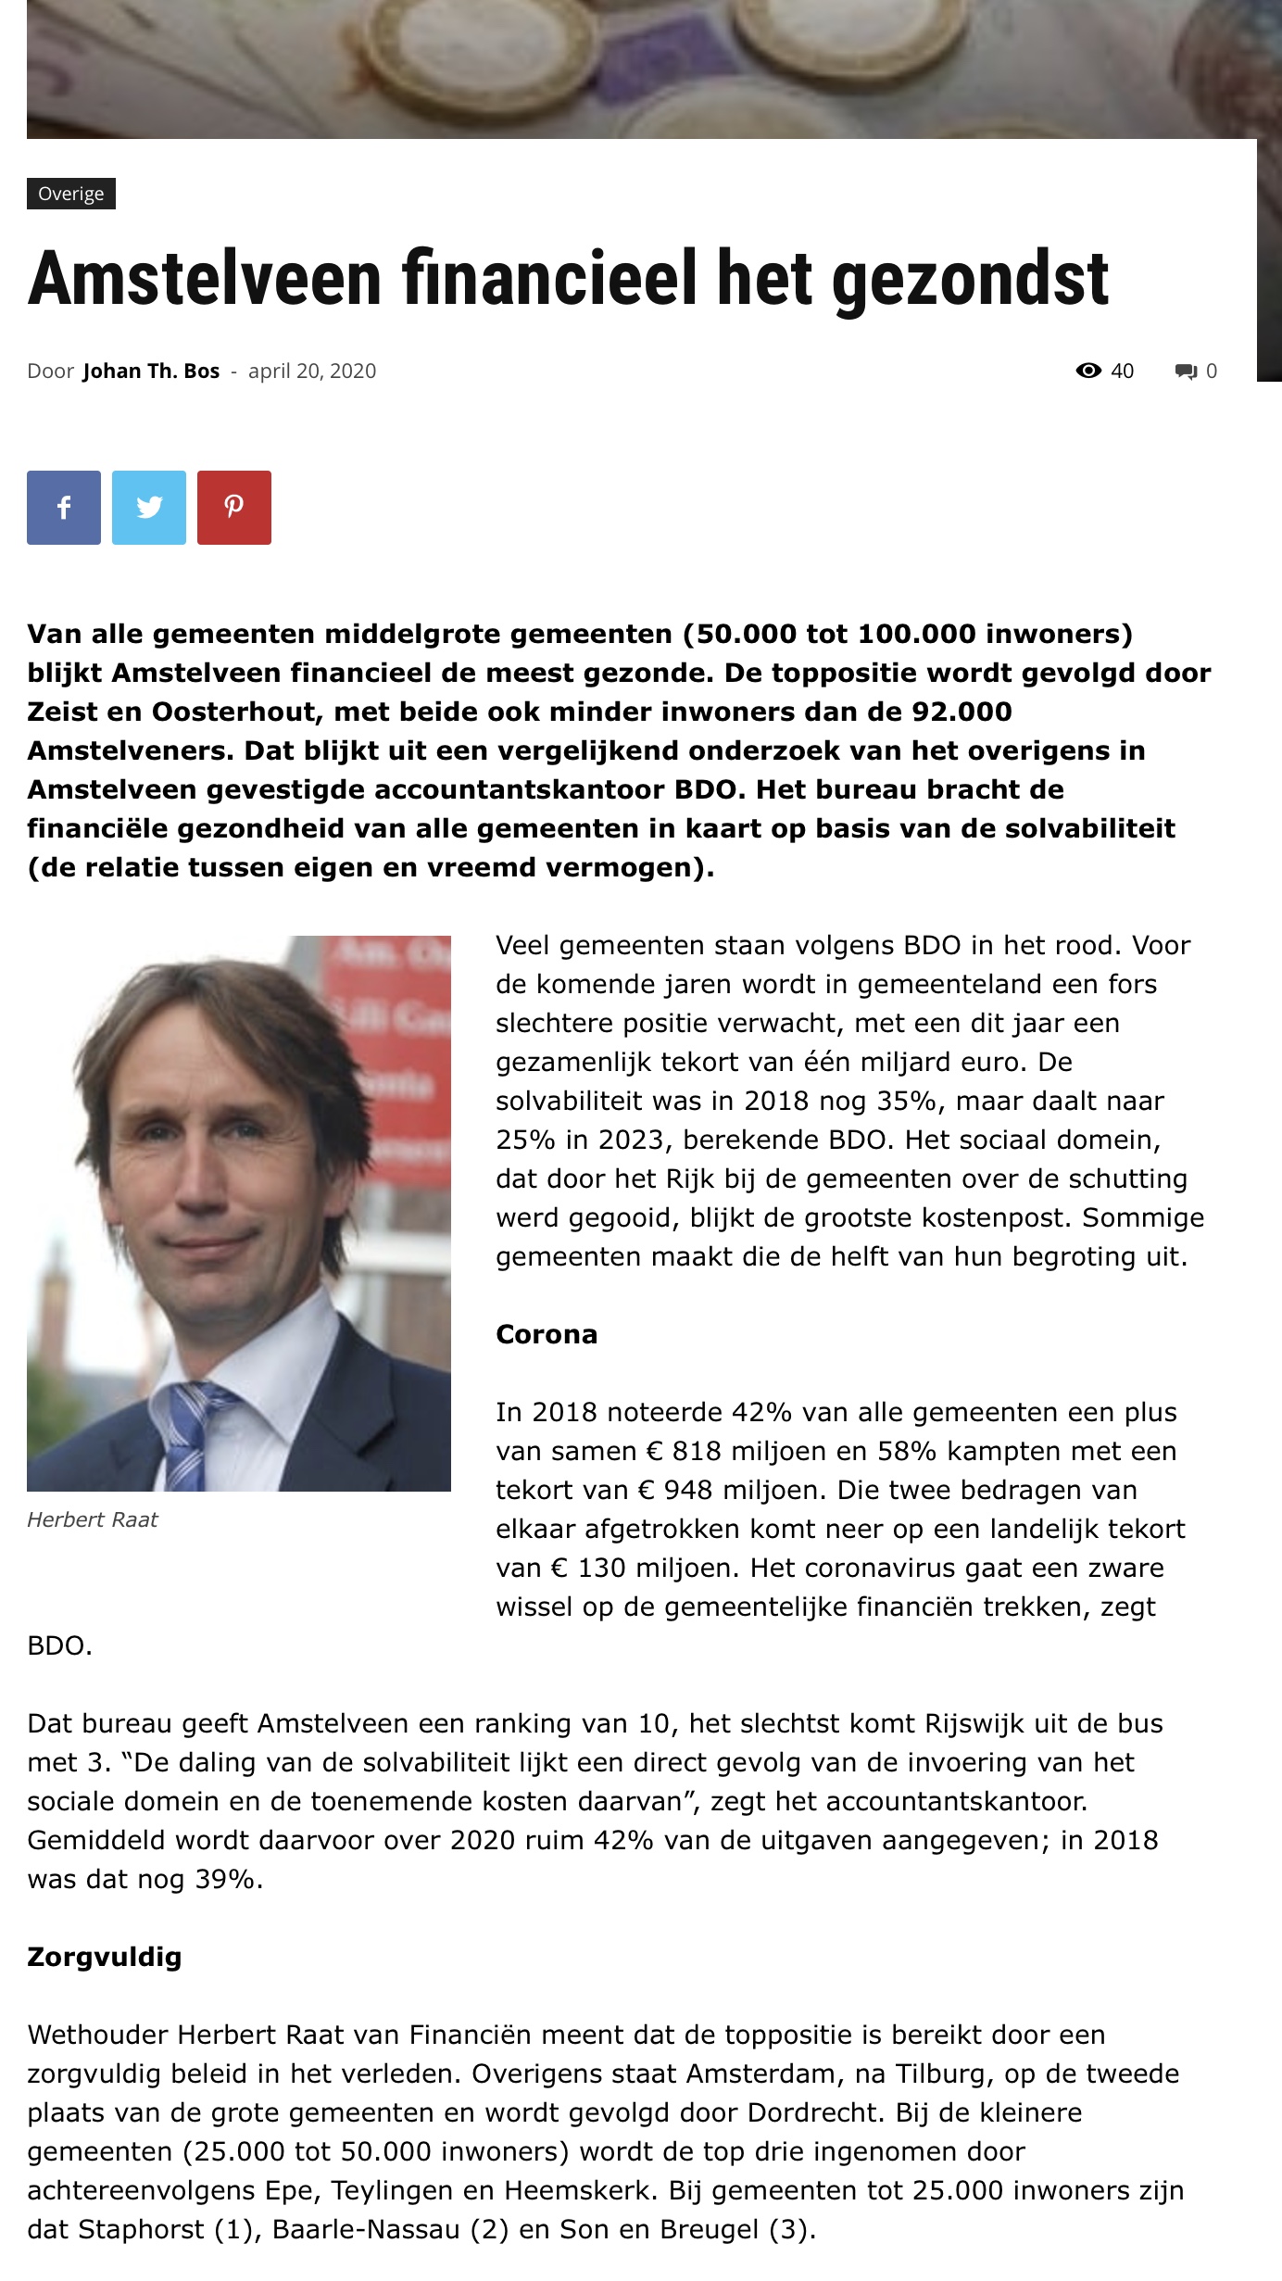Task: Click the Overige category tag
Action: [x=71, y=194]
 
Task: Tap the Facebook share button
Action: [x=64, y=508]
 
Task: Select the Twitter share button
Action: [x=149, y=508]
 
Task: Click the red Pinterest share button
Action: [x=234, y=508]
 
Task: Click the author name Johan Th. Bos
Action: [x=151, y=372]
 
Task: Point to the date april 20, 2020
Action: [x=312, y=372]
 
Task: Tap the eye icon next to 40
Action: [x=1088, y=372]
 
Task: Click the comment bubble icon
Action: [x=1186, y=372]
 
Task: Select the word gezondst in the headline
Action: [x=970, y=279]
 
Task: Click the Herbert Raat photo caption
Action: [x=93, y=1519]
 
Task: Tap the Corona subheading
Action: [x=547, y=1334]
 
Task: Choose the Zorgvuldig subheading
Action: [x=105, y=1957]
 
